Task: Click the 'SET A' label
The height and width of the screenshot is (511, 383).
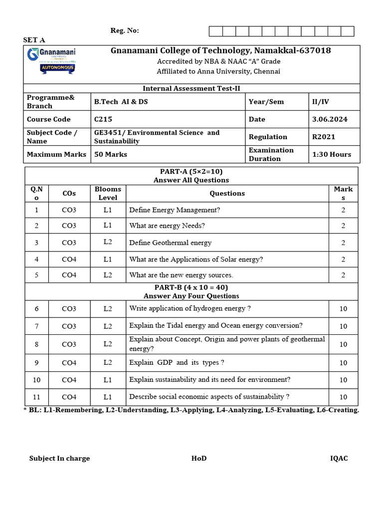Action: click(x=34, y=40)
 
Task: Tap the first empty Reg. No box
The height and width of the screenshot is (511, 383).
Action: click(x=215, y=31)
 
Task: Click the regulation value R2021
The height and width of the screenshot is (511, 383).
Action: click(x=324, y=137)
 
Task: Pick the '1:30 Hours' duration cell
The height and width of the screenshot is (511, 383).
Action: click(x=332, y=154)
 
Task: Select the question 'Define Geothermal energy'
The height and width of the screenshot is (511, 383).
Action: click(x=170, y=243)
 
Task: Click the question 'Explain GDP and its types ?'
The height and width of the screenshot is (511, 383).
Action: click(x=177, y=362)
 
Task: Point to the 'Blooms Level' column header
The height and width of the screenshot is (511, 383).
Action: click(x=108, y=193)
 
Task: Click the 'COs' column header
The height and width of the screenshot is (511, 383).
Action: click(x=69, y=193)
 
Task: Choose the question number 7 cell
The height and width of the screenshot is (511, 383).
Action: click(x=36, y=326)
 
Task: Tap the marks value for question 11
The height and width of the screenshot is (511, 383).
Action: click(x=343, y=397)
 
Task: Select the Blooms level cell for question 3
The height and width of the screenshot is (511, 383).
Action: click(x=108, y=242)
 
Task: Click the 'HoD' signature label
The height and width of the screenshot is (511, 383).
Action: click(x=198, y=459)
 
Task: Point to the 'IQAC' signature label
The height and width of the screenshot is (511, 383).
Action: click(x=339, y=459)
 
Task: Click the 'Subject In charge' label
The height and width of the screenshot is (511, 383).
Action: click(x=59, y=459)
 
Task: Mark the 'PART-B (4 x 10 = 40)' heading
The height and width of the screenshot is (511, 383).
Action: click(x=191, y=287)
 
